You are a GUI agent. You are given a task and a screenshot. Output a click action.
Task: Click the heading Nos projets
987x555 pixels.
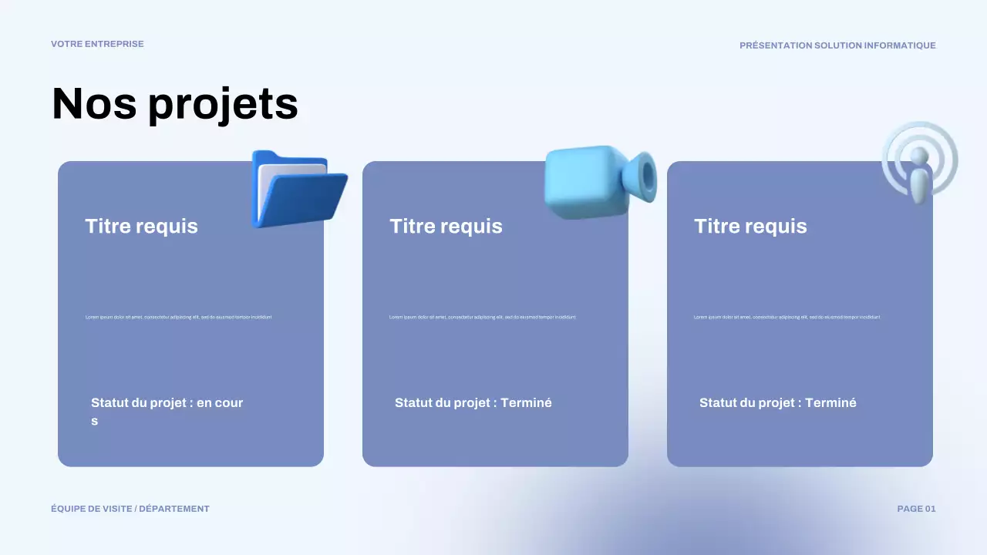(x=174, y=104)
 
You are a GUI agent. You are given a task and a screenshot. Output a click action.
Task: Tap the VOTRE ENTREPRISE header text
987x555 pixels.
(x=97, y=44)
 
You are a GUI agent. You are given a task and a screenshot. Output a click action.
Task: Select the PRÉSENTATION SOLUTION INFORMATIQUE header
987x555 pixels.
(x=837, y=45)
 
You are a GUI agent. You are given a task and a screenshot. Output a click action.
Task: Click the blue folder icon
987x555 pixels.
(x=298, y=189)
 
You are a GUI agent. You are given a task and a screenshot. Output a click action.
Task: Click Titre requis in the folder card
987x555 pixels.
(x=141, y=226)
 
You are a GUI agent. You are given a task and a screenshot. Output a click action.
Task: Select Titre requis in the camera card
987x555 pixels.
(x=446, y=226)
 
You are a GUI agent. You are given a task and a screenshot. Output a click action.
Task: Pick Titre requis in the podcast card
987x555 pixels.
(x=750, y=226)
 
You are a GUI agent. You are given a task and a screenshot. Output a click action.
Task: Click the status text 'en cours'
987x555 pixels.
(x=220, y=402)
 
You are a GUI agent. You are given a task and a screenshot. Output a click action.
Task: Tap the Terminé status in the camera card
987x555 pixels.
(x=526, y=402)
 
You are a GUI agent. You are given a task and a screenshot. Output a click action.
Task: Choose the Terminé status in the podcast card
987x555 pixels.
(x=830, y=402)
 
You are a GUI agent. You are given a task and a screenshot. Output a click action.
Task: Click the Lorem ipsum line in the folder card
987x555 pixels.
(x=178, y=317)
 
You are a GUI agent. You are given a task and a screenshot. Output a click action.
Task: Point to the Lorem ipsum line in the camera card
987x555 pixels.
(x=483, y=317)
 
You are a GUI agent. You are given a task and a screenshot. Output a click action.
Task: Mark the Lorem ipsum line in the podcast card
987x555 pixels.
(x=787, y=317)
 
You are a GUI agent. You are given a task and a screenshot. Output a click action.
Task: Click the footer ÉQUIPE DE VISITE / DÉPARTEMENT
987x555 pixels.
(x=130, y=509)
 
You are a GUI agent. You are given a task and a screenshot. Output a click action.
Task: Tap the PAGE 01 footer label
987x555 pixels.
(x=916, y=509)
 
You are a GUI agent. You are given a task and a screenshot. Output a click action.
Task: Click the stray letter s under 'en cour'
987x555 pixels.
(x=95, y=422)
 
